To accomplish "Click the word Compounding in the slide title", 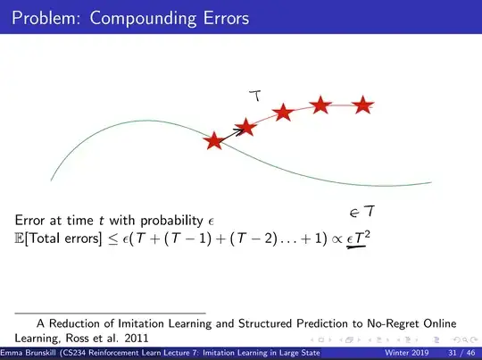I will tap(151, 18).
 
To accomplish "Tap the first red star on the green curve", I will tap(214, 141).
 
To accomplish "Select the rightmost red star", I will tap(361, 105).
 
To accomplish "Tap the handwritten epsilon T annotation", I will tap(361, 212).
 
